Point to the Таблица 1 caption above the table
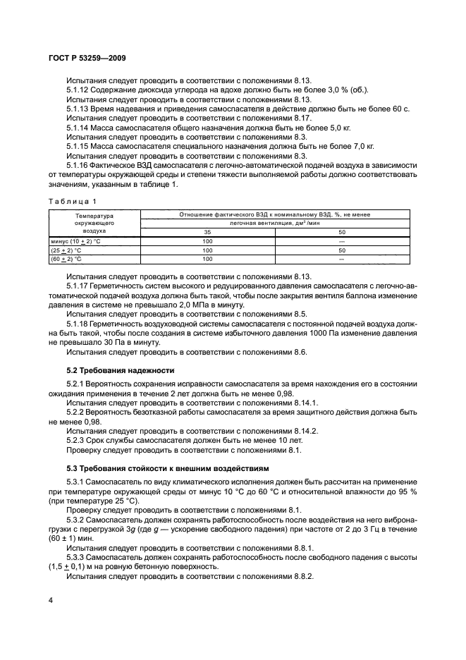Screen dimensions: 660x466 point(73,201)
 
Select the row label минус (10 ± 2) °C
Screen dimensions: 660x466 point(73,240)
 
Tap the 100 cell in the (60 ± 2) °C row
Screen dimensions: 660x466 point(207,259)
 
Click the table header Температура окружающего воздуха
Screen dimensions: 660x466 point(94,221)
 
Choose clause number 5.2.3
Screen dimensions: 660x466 point(78,439)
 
